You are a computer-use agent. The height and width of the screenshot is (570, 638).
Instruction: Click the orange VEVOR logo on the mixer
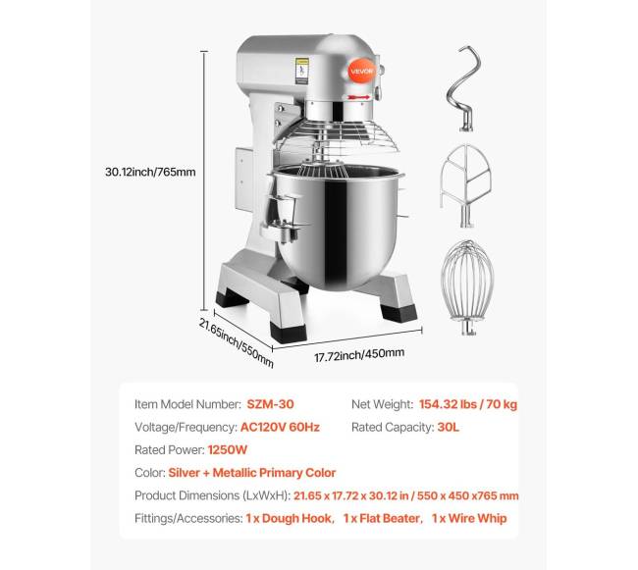tap(361, 72)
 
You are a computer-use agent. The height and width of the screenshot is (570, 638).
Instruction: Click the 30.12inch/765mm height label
tap(150, 172)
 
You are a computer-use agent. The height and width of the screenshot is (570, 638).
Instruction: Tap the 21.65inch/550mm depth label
tap(236, 342)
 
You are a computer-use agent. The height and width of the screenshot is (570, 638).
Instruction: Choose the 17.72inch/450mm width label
tap(359, 354)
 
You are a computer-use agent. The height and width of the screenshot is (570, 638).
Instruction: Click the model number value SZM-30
tap(270, 404)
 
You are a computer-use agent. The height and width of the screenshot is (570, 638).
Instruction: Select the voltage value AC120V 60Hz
tap(280, 427)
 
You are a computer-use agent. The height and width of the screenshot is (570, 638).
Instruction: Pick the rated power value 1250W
tap(227, 449)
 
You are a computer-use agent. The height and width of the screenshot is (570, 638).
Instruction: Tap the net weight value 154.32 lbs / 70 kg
tap(468, 404)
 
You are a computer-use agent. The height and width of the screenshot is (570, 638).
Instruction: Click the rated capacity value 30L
tap(448, 427)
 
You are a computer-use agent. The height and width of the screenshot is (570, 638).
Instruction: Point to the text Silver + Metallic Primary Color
tap(252, 473)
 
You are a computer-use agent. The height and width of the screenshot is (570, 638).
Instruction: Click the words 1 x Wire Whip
tap(469, 518)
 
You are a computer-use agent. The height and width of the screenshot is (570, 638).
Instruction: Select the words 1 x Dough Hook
tap(289, 518)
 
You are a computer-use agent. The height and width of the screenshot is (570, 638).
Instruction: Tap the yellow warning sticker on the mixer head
tap(302, 72)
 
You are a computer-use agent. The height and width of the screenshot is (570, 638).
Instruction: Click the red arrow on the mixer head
tap(358, 97)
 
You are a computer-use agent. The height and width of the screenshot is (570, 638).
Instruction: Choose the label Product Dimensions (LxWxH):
tap(212, 495)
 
